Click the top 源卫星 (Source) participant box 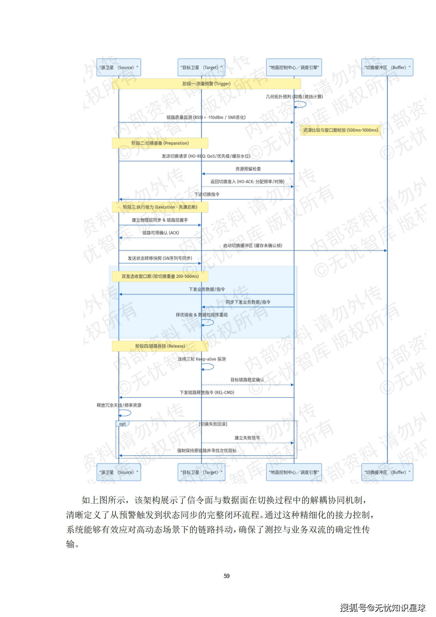click(119, 67)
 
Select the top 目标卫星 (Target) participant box click(201, 67)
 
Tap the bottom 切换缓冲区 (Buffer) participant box click(387, 472)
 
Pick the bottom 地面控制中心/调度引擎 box click(294, 472)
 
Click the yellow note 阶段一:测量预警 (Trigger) click(206, 84)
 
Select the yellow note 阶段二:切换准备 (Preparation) click(160, 143)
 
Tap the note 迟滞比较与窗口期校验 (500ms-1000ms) click(340, 130)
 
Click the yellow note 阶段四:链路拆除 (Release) click(160, 346)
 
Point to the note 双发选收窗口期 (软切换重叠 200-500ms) click(160, 276)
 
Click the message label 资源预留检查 click(248, 169)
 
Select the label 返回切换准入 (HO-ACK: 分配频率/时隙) click(247, 182)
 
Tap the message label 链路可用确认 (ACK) click(160, 233)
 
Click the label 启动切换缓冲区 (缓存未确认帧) click(252, 246)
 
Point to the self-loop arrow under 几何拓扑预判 click(301, 104)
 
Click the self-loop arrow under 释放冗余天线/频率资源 click(125, 413)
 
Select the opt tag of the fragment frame click(122, 424)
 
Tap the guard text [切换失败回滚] click(213, 424)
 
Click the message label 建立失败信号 click(247, 438)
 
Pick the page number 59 click(226, 576)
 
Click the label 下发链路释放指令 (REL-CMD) click(207, 392)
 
